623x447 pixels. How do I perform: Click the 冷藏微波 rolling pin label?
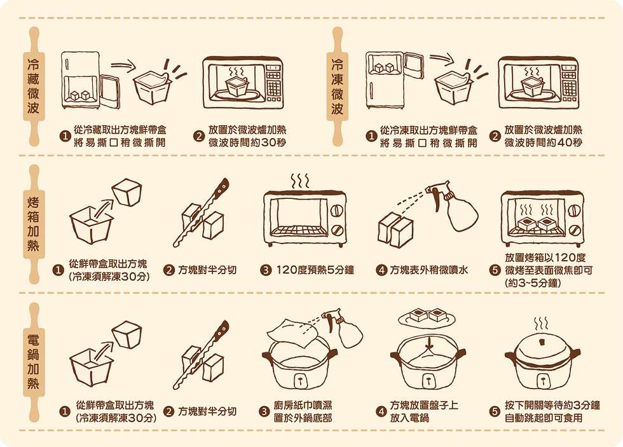[34, 86]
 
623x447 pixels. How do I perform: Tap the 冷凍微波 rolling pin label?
[338, 86]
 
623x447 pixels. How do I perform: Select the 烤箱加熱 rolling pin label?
[34, 224]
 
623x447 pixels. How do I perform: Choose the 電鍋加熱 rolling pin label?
[34, 362]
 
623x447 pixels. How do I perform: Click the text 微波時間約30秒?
[247, 142]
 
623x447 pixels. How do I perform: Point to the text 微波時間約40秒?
[543, 142]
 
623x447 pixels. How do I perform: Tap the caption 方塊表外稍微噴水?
[429, 270]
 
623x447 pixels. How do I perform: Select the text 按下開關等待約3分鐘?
[552, 405]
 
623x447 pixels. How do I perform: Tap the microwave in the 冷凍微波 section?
[538, 83]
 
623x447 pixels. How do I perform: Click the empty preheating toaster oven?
[305, 217]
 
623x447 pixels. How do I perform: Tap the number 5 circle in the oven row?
[495, 270]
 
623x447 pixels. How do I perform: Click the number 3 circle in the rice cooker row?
[264, 411]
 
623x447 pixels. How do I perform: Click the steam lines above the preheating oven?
[300, 181]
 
